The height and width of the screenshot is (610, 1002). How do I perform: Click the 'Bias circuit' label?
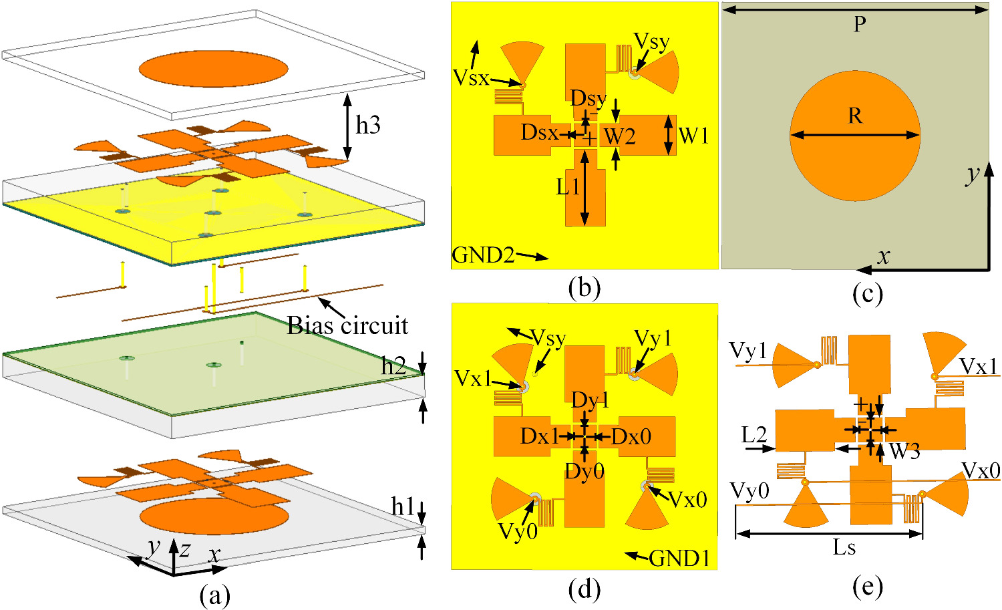347,325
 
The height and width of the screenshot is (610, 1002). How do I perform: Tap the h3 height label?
368,125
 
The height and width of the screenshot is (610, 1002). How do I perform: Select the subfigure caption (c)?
868,292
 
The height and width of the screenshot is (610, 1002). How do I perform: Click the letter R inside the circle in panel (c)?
855,116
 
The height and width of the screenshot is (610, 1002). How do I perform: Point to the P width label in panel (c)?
860,25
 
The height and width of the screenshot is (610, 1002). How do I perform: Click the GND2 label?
483,255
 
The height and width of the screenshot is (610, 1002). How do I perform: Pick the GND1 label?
679,558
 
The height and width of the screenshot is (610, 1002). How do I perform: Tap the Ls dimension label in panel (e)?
844,548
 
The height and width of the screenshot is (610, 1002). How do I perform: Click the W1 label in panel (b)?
693,136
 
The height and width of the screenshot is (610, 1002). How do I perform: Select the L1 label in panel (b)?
568,187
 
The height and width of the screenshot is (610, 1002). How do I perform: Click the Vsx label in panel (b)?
471,78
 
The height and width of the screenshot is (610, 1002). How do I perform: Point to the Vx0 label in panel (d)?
687,499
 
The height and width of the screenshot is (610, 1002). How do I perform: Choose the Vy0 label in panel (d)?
518,532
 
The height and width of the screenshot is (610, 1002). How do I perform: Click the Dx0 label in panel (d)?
631,437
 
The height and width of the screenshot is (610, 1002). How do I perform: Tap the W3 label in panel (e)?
904,452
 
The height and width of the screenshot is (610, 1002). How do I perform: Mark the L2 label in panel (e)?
754,436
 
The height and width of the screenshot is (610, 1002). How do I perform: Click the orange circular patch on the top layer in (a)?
213,68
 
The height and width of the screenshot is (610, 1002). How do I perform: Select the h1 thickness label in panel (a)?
403,507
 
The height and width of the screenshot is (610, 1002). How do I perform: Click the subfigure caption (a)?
214,595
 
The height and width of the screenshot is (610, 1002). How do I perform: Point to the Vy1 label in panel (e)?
748,350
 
